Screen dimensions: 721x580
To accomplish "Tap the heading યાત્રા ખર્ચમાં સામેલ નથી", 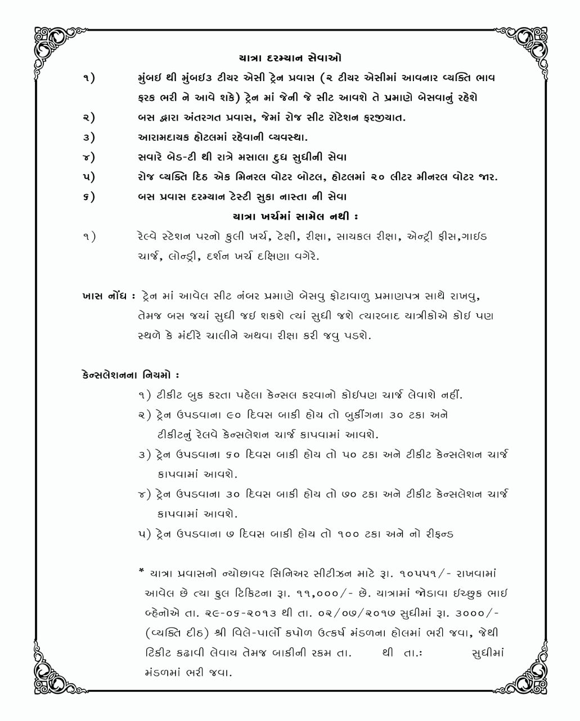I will tap(295, 216).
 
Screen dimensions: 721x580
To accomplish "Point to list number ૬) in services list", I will tap(88, 197).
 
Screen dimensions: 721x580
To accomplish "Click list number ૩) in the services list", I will tap(88, 137).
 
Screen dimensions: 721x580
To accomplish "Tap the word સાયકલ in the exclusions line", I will tap(342, 237).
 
